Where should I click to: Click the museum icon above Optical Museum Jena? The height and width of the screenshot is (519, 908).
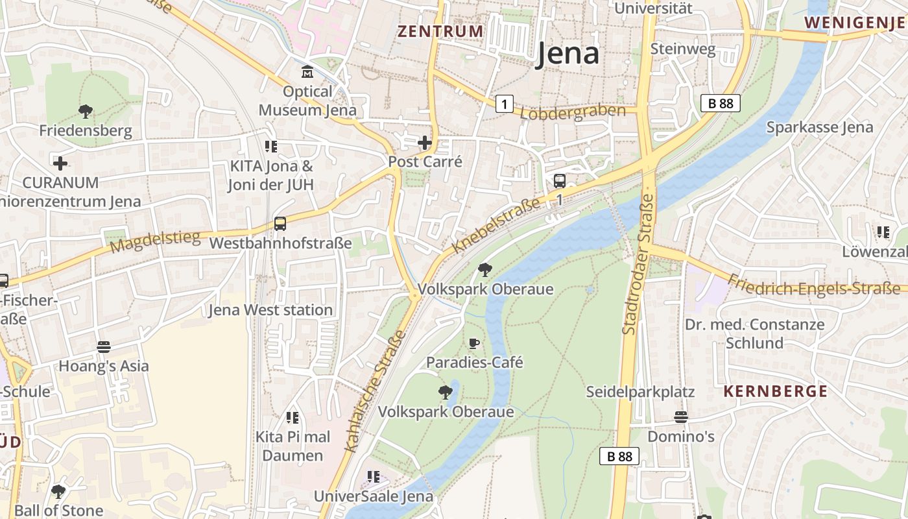click(x=307, y=71)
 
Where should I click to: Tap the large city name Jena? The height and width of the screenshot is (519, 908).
click(x=567, y=54)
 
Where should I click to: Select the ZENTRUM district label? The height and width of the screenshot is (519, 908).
click(x=440, y=31)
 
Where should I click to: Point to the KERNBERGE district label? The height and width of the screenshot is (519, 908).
click(x=775, y=391)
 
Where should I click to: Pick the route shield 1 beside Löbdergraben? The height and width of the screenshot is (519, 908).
click(x=505, y=103)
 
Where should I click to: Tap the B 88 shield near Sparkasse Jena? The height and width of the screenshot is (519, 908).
click(x=720, y=103)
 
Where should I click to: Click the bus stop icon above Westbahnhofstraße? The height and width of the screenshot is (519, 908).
click(x=280, y=224)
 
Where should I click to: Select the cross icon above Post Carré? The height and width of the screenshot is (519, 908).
click(x=425, y=143)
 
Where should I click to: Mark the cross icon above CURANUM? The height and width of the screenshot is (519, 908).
click(x=60, y=163)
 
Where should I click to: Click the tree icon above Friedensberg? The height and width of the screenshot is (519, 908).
click(x=85, y=112)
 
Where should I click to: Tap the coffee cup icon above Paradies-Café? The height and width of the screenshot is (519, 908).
click(x=474, y=343)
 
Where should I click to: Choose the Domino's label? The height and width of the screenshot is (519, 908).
click(x=681, y=437)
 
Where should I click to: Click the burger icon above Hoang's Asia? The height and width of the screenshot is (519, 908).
click(x=103, y=347)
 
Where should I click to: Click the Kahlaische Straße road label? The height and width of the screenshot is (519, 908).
click(x=375, y=391)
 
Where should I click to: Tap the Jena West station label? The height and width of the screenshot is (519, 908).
click(x=270, y=310)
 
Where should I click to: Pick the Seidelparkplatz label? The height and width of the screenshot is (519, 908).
click(x=640, y=392)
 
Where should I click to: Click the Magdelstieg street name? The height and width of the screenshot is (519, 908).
click(x=155, y=242)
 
